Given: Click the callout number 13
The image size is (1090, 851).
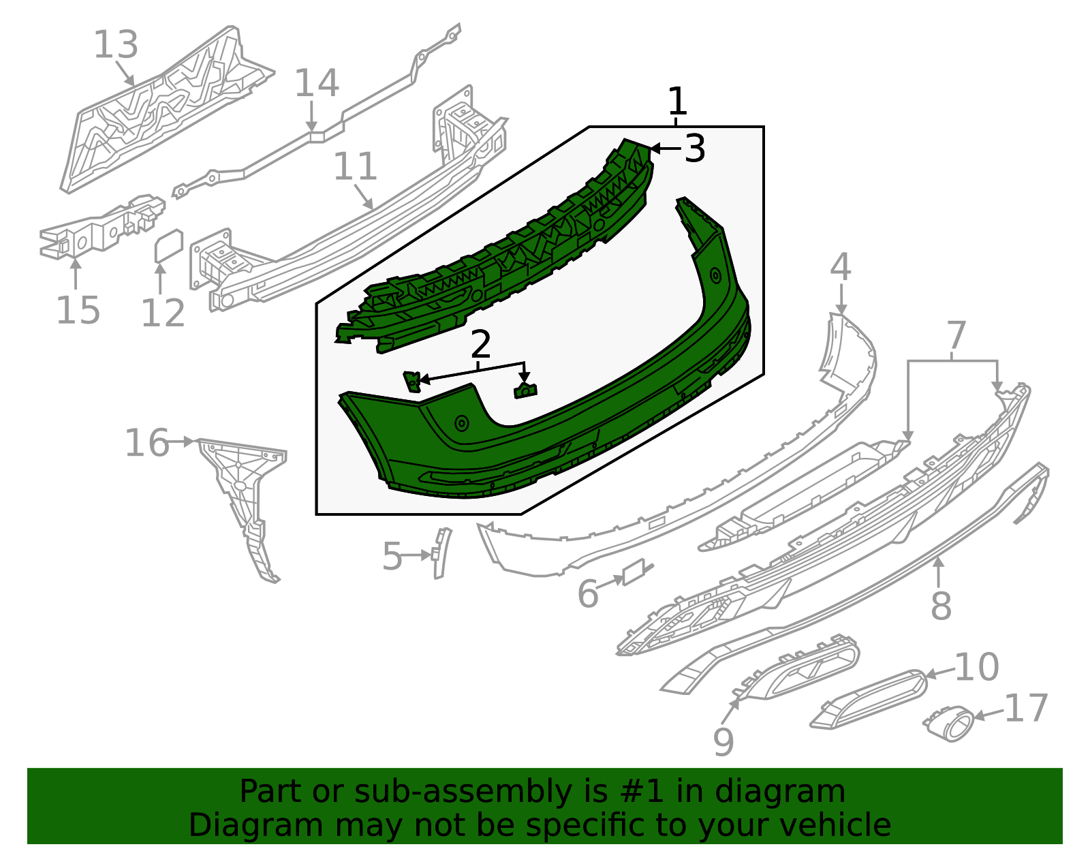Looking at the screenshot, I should [x=116, y=45].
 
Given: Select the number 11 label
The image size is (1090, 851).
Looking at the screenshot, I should [x=356, y=167].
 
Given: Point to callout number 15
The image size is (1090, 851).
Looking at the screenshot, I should [x=78, y=311].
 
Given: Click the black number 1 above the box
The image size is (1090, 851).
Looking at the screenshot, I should [x=677, y=102].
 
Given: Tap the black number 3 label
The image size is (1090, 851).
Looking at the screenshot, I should [x=694, y=149].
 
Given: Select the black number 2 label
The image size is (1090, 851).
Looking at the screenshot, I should [x=480, y=345].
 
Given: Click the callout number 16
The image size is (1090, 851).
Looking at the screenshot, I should [x=146, y=444].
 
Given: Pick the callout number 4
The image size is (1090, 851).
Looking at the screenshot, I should [x=841, y=267].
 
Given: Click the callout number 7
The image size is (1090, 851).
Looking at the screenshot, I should [x=956, y=337].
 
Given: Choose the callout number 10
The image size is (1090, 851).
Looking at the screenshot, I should [x=976, y=667].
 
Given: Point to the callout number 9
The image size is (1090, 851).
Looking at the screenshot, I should [x=723, y=741].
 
